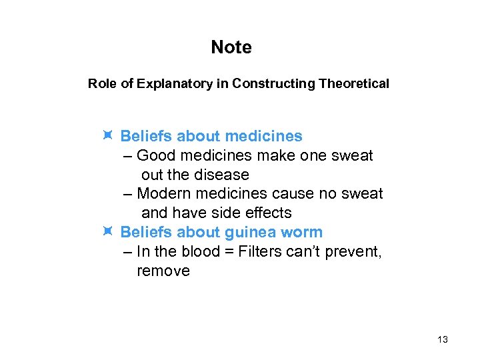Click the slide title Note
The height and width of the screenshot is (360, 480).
point(231,47)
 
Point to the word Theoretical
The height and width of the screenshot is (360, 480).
point(354,84)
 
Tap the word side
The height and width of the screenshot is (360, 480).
point(225,213)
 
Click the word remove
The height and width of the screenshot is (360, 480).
point(163,271)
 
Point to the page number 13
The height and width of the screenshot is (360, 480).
point(443,340)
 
